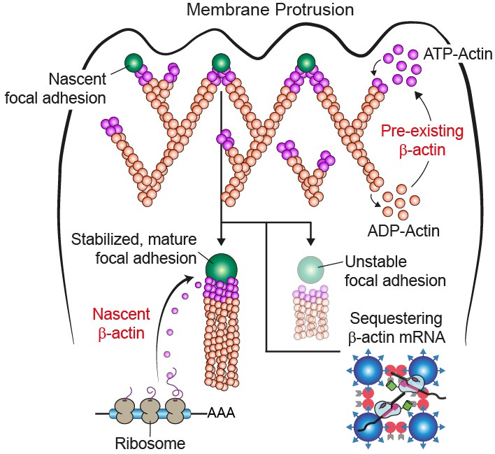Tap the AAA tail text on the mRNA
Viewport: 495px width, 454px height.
[222, 413]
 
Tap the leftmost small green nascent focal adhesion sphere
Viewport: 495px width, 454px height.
[135, 63]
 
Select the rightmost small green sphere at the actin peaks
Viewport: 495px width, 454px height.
[306, 63]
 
